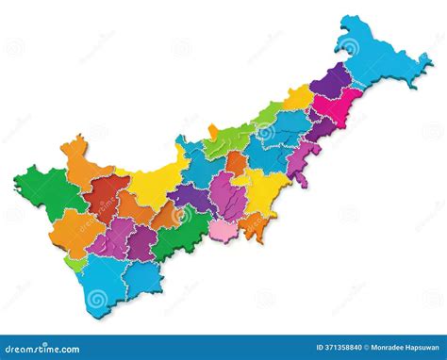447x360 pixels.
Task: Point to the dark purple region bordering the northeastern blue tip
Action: coord(330,79)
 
